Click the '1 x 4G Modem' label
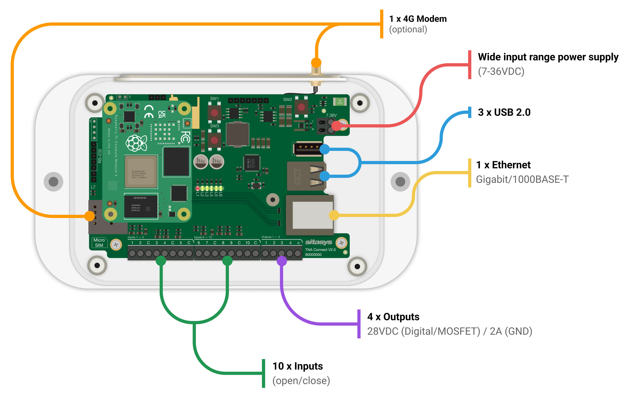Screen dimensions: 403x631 click(x=418, y=19)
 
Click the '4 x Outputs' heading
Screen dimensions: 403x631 click(x=393, y=317)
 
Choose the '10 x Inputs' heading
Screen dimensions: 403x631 click(x=297, y=366)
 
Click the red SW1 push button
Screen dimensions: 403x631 click(x=214, y=113)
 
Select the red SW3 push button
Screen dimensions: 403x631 click(x=214, y=140)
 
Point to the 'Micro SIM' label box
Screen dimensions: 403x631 click(x=99, y=243)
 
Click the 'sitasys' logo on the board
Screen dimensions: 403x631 click(x=319, y=242)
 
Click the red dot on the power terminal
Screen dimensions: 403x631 click(x=337, y=126)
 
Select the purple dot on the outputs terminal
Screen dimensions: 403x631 click(x=282, y=261)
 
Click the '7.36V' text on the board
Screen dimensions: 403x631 click(x=331, y=115)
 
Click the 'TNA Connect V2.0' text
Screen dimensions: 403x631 click(x=320, y=250)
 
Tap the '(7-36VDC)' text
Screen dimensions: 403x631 click(x=501, y=71)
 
